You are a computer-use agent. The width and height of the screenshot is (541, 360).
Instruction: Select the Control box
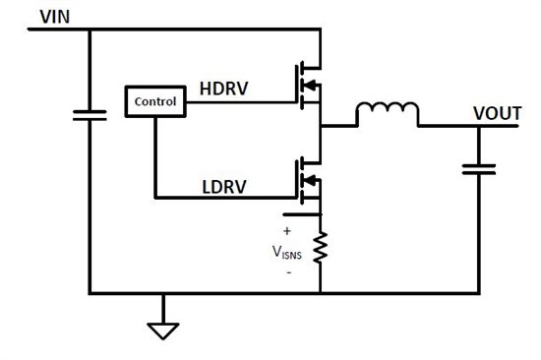point(154,100)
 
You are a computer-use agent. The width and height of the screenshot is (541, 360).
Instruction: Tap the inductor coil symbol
point(387,115)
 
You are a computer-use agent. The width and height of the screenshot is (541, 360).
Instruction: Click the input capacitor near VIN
point(90,115)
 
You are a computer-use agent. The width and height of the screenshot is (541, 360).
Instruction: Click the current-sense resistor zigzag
point(320,248)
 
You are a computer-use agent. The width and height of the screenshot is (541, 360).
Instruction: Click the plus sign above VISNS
point(287,231)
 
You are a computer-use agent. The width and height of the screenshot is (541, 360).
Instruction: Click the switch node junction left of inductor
point(321,126)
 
